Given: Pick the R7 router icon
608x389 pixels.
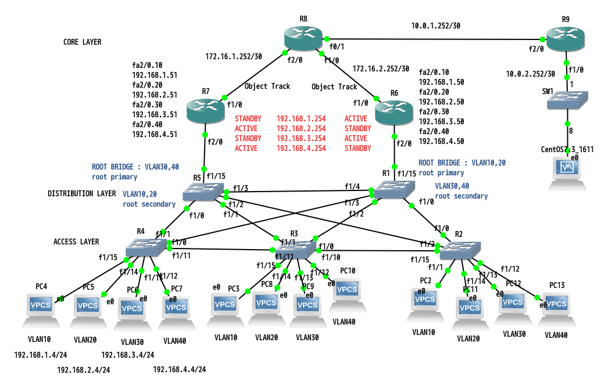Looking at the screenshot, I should [206, 110].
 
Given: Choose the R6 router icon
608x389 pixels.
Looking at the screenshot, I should [395, 110].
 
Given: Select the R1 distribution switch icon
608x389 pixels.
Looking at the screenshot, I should [394, 190].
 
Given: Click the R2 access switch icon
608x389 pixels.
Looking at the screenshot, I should [460, 250].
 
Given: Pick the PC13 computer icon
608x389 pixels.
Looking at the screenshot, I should [556, 306].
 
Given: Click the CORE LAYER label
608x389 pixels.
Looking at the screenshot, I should [82, 42].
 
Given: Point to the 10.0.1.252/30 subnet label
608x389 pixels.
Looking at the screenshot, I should [435, 26].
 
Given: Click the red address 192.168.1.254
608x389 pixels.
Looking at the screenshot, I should [301, 118].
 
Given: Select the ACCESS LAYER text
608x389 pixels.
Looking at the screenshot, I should [76, 242].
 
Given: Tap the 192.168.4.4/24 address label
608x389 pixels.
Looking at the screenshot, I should [179, 369].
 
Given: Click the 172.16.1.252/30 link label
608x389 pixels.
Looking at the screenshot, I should [233, 57].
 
